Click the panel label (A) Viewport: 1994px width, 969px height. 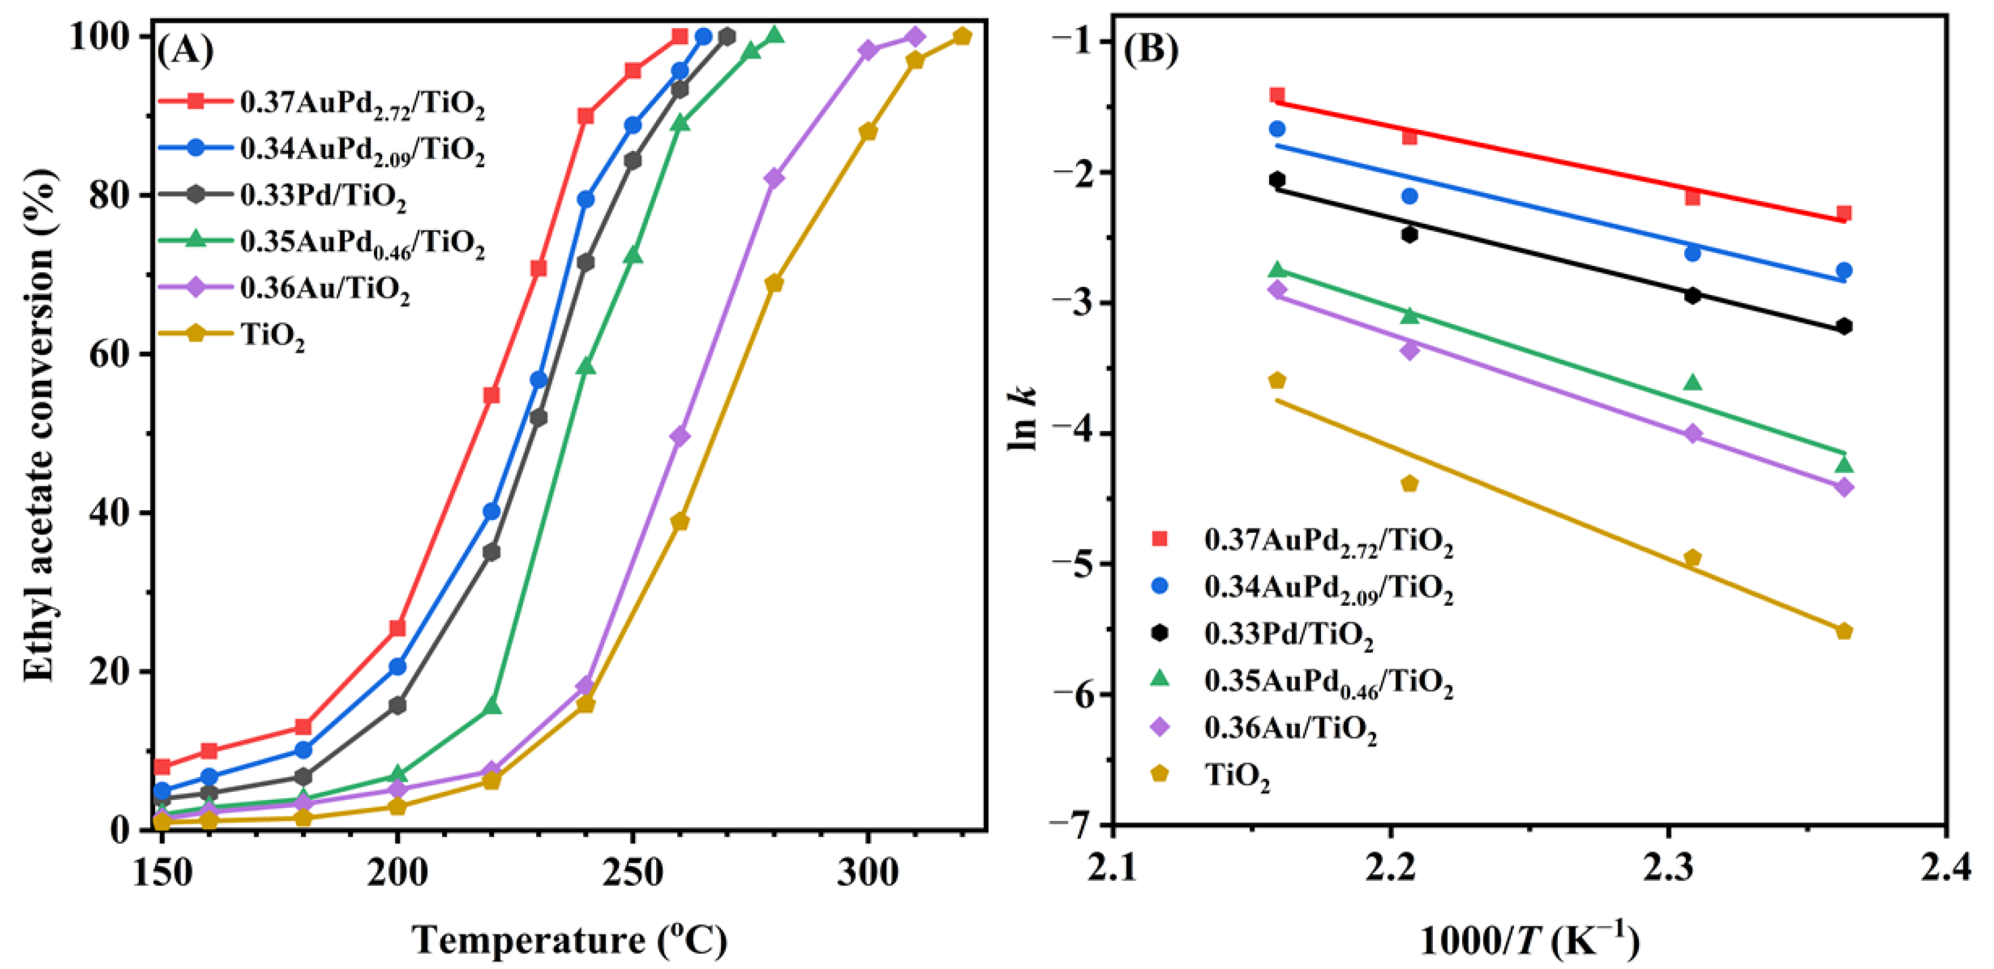185,51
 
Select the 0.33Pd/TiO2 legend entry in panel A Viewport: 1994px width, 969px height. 323,196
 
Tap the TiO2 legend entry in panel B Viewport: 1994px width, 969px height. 1237,775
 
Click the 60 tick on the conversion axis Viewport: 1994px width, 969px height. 109,354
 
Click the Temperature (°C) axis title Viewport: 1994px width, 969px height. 569,941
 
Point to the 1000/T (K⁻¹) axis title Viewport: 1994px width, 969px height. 1529,941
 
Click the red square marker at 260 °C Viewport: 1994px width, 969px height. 679,36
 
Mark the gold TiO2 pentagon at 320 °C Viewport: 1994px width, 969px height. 962,36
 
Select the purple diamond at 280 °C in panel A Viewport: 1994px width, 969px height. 773,178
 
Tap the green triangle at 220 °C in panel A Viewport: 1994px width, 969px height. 492,707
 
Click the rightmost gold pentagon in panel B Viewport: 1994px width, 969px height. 1844,631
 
